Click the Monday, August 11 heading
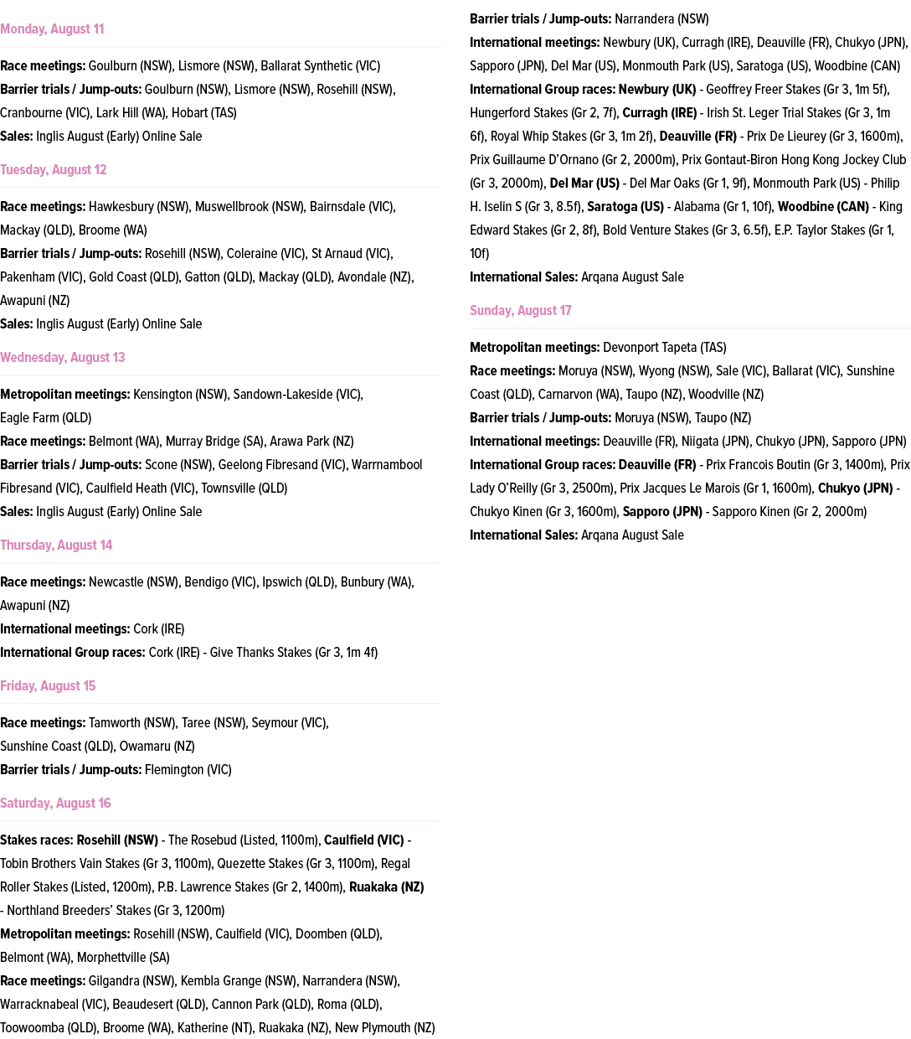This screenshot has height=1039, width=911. coord(52,29)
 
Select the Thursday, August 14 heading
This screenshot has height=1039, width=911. coord(56,545)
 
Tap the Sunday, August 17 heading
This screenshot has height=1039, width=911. coord(520,311)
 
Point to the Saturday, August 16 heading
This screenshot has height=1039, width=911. coord(55,804)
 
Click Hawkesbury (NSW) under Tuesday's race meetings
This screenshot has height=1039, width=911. coord(139,207)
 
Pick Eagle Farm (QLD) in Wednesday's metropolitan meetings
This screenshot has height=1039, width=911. coord(46,418)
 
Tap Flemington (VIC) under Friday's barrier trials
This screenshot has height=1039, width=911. coord(188,770)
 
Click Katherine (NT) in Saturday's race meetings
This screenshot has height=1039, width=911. coord(214,1028)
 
